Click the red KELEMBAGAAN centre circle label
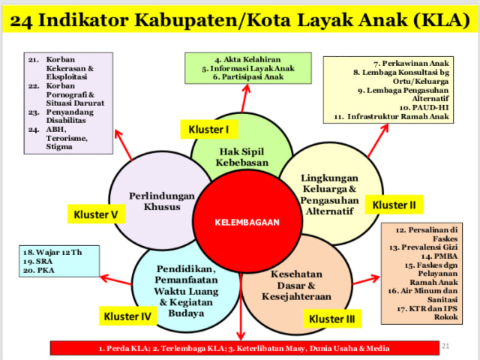[x=247, y=222]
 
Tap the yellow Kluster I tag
[x=209, y=129]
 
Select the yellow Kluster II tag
[x=394, y=205]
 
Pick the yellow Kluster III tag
[x=331, y=319]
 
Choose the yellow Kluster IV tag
[x=127, y=316]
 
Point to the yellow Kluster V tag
[x=96, y=214]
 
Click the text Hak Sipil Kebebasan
[x=241, y=157]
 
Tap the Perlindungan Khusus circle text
[x=162, y=201]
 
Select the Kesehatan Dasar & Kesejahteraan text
[x=296, y=285]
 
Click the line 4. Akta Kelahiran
[x=247, y=59]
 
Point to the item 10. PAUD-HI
[x=424, y=107]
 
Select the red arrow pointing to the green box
[x=245, y=98]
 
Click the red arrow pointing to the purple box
[x=123, y=145]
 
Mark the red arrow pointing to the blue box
[x=115, y=280]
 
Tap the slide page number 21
[x=445, y=346]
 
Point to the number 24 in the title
[x=21, y=21]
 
